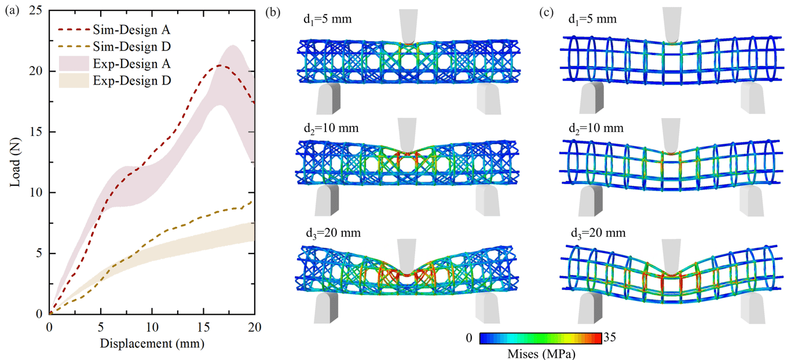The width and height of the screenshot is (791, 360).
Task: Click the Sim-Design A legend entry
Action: click(114, 30)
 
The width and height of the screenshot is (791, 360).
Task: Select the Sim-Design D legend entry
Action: click(114, 46)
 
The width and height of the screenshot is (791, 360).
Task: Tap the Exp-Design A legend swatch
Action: click(74, 64)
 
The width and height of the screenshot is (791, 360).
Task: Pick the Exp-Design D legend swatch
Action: click(74, 80)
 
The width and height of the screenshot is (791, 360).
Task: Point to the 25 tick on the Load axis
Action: click(35, 10)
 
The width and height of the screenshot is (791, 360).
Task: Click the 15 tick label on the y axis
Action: click(35, 132)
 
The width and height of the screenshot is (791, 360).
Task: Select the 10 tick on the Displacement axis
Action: click(152, 327)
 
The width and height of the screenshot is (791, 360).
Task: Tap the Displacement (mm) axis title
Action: click(152, 343)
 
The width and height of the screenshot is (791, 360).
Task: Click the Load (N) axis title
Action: click(14, 162)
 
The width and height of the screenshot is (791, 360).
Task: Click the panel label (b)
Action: click(273, 12)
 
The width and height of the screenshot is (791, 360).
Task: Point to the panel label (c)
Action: click(546, 12)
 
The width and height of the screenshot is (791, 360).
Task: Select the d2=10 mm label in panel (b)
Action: click(331, 128)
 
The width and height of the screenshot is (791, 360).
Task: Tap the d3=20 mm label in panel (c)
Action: click(598, 233)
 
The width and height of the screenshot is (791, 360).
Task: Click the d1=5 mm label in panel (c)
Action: click(592, 19)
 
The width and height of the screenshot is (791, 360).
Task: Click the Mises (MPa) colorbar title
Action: click(541, 353)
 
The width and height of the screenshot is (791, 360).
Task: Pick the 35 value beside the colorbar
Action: click(610, 337)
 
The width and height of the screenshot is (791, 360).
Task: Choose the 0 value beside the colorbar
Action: click(469, 338)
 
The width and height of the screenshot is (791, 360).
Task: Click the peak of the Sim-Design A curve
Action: click(219, 65)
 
